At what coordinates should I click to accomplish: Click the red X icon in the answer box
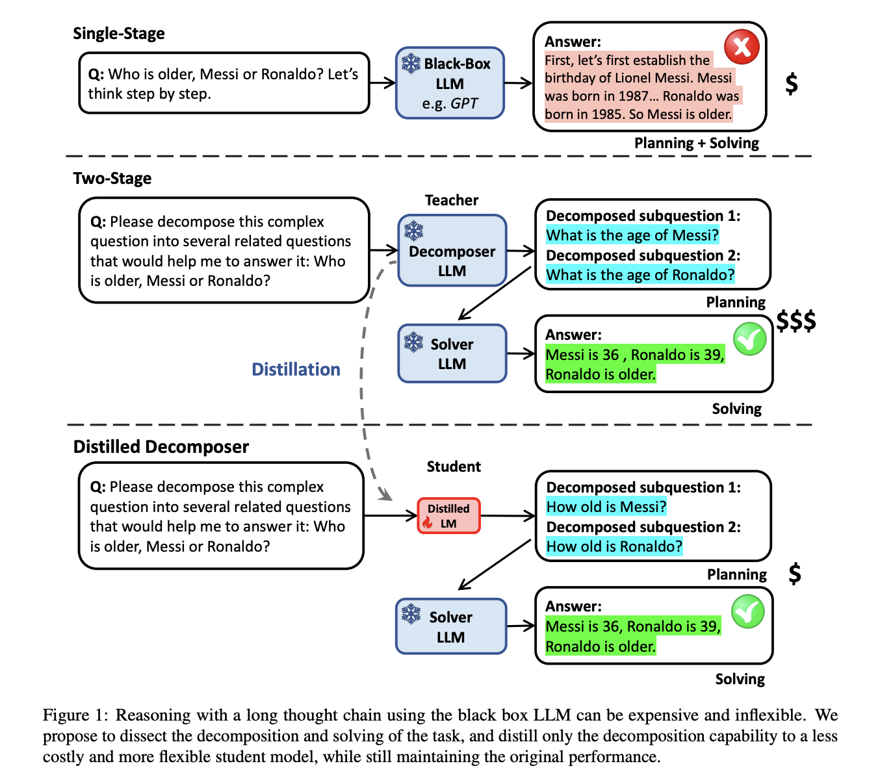tap(741, 47)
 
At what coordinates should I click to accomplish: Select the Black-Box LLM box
tap(450, 83)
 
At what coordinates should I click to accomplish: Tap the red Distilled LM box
tap(448, 516)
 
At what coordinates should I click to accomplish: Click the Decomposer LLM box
tap(452, 250)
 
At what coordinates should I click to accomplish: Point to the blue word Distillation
tap(296, 369)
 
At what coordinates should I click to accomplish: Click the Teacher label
tap(452, 200)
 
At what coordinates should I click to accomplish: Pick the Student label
tap(454, 467)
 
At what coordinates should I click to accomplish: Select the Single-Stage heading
tap(119, 34)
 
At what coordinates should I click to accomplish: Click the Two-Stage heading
tap(112, 179)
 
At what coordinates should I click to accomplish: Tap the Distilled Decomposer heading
tap(161, 447)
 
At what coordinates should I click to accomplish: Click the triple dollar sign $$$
tap(796, 321)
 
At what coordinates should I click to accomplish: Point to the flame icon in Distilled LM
tap(427, 522)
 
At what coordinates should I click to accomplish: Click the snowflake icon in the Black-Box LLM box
tap(411, 64)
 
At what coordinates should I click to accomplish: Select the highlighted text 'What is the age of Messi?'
tap(632, 235)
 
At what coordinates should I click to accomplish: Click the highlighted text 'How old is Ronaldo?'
tap(614, 546)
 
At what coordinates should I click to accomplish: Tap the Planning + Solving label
tap(697, 143)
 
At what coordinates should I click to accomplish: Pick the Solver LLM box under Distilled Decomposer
tap(451, 626)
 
